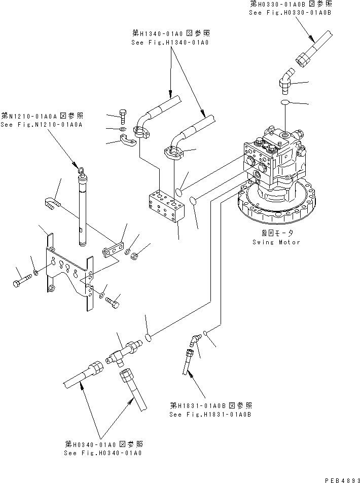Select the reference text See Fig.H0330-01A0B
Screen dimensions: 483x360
291,12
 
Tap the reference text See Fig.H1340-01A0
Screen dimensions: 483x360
170,43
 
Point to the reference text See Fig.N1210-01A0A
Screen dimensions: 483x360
42,124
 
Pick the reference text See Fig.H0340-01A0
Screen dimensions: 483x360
103,452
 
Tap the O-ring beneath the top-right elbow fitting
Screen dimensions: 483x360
286,103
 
